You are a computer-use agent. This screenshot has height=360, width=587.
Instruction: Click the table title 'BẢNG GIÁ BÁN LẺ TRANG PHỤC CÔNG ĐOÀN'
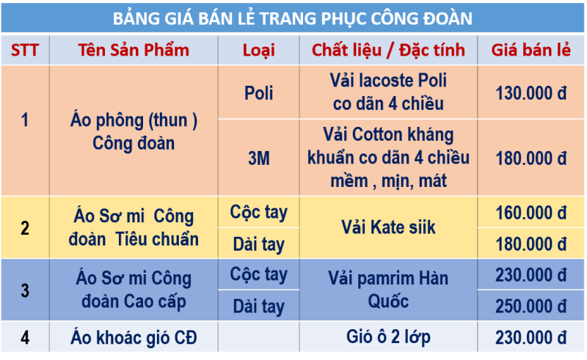tap(292, 19)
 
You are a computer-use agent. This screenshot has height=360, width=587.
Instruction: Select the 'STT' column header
tap(25, 50)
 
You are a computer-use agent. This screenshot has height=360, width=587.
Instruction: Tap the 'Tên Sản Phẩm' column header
tap(134, 50)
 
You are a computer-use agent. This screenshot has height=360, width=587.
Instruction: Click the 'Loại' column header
tap(259, 51)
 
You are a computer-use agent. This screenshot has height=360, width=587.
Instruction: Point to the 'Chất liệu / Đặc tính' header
tap(388, 50)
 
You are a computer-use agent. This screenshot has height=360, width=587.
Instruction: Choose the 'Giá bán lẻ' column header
tap(531, 50)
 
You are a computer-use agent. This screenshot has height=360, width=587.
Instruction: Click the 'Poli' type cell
tap(259, 93)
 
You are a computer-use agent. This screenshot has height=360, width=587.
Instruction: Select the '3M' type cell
tap(259, 158)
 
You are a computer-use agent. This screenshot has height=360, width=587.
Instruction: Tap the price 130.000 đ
tap(531, 93)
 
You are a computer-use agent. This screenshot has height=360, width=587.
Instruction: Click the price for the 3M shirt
tap(531, 158)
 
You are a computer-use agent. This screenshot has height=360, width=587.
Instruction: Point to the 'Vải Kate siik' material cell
tap(388, 227)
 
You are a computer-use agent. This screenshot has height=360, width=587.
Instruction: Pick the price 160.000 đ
tap(531, 213)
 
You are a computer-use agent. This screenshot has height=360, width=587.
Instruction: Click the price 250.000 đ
tap(531, 306)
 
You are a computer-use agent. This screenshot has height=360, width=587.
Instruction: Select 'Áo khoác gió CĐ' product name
tap(134, 337)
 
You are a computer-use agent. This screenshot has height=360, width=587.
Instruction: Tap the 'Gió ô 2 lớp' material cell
tap(388, 337)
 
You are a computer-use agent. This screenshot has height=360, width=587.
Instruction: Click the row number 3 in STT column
tap(25, 290)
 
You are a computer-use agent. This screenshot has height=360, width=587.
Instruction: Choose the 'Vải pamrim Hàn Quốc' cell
tap(388, 290)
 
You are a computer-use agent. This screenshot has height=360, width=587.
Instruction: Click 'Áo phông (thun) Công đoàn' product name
tap(134, 132)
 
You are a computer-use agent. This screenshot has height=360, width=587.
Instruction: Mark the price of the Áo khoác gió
tap(531, 338)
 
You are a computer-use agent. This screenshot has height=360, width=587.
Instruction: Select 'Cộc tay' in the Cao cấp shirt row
tap(259, 275)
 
